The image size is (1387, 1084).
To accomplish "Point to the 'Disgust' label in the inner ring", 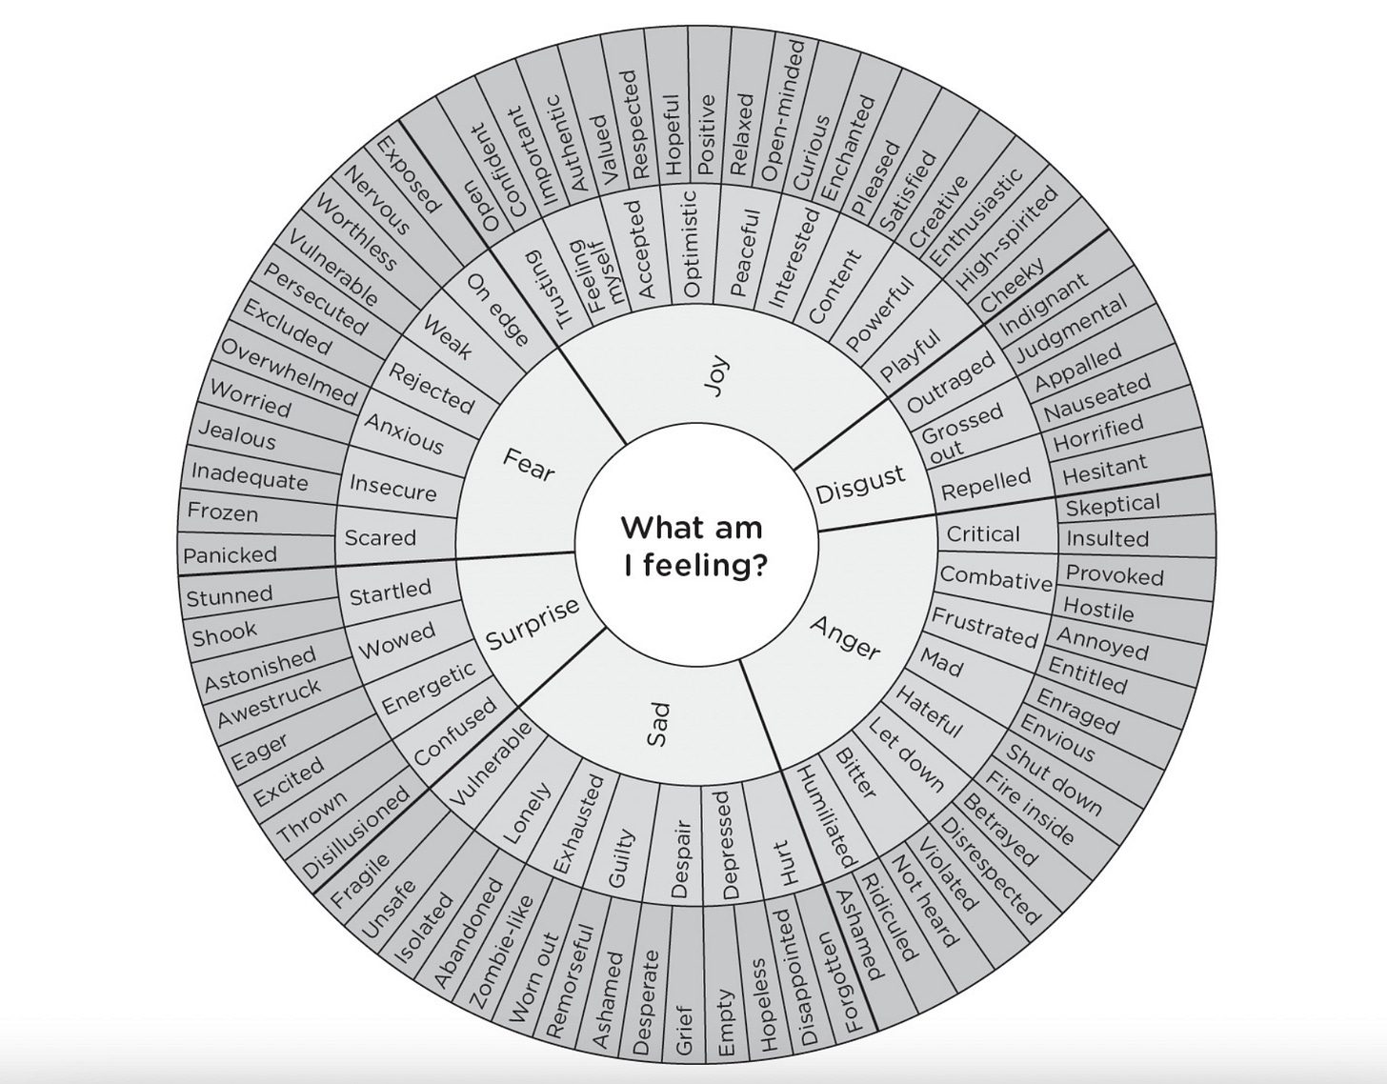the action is click(x=860, y=484).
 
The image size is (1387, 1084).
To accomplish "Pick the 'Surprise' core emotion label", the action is click(x=533, y=624).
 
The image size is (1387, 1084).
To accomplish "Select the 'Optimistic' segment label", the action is click(x=692, y=243).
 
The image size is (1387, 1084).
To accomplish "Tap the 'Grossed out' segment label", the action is click(x=960, y=430).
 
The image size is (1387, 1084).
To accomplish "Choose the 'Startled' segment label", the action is click(x=391, y=592).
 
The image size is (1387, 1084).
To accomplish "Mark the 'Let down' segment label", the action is click(x=906, y=754).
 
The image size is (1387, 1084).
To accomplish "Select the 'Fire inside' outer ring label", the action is click(x=1029, y=809).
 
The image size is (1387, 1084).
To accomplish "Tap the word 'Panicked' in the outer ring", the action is click(x=230, y=554).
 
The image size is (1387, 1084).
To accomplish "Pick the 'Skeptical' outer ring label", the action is click(x=1113, y=505).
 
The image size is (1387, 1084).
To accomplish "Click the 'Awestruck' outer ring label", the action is click(x=270, y=704).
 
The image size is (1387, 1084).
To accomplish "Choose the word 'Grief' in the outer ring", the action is click(x=683, y=1029).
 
